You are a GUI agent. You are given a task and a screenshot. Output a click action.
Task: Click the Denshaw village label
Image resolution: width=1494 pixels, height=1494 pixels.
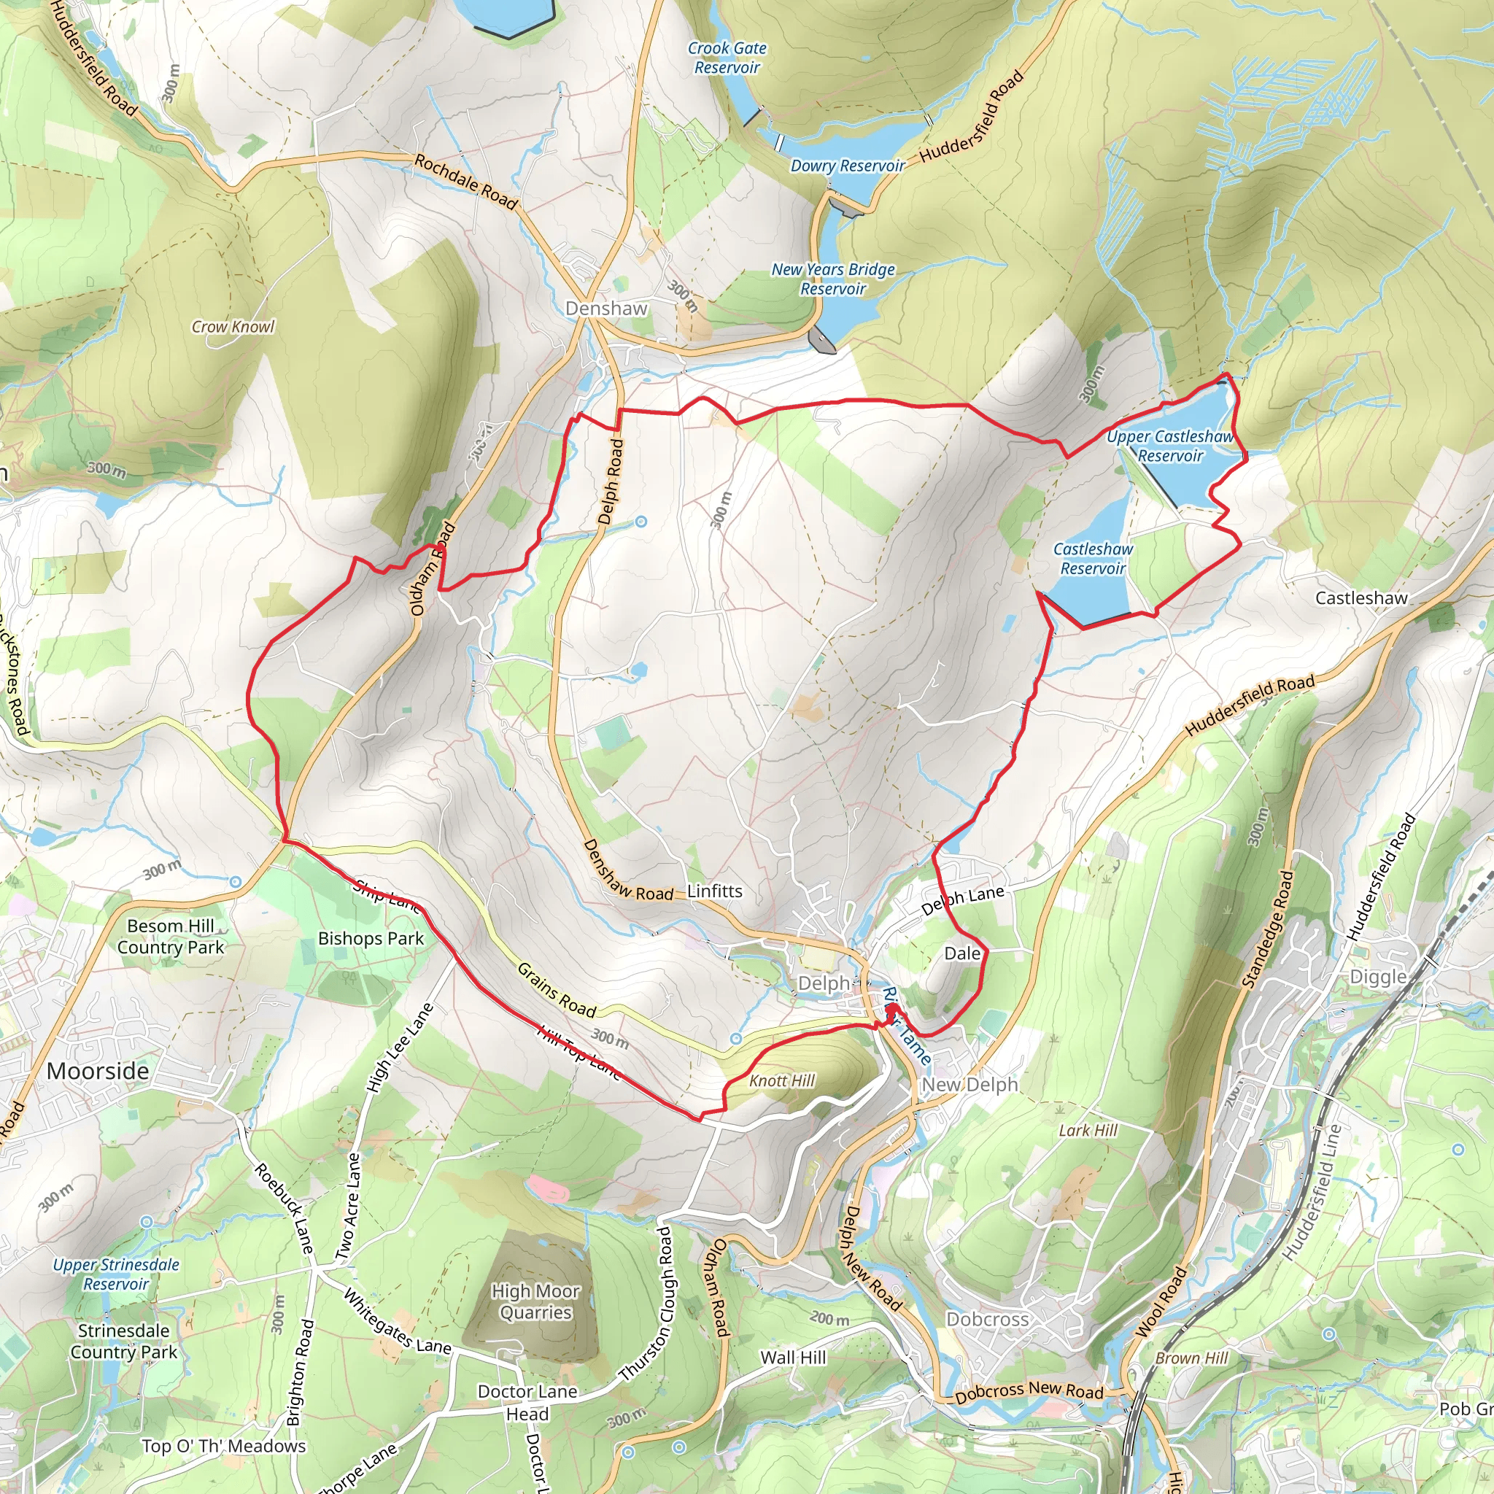605,309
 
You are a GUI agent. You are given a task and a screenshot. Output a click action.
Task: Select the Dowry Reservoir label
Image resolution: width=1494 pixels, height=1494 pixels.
847,166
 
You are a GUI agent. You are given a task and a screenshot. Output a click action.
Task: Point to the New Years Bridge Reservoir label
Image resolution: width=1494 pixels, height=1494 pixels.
833,279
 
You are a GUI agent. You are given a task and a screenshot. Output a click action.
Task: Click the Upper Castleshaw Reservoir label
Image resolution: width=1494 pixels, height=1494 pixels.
1169,446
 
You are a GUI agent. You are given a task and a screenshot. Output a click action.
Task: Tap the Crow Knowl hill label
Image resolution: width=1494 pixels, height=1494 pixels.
233,327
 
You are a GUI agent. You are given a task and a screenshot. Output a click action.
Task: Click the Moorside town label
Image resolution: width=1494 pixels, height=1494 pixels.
98,1071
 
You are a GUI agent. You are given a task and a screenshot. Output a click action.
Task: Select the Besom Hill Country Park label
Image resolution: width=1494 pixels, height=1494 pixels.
170,937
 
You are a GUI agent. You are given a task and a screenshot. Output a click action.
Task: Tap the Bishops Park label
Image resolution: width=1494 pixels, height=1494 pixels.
371,939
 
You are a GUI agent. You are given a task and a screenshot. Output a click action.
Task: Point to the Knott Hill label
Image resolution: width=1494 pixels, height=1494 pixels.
782,1081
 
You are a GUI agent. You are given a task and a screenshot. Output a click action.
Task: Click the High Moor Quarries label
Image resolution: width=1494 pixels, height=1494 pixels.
535,1301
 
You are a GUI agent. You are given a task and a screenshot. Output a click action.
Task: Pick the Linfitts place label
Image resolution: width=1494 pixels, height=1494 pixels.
714,891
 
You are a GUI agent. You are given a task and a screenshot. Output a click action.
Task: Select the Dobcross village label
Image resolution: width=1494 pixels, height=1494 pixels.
988,1319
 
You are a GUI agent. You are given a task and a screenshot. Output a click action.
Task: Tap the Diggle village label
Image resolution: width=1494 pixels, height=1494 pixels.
1378,977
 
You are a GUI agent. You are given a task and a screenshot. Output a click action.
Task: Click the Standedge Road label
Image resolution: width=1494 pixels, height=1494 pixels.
1266,929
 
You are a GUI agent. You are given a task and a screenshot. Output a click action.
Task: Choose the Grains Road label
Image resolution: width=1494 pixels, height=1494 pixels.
556,990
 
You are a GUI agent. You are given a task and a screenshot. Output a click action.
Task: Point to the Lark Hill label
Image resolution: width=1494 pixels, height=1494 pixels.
1088,1131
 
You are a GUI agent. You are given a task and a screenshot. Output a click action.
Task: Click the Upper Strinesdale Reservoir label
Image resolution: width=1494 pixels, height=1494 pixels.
116,1274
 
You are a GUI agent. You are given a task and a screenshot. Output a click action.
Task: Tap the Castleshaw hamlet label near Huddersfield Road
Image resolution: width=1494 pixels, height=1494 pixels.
1361,597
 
